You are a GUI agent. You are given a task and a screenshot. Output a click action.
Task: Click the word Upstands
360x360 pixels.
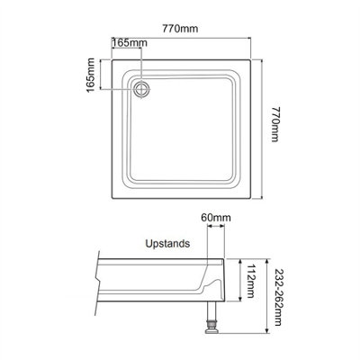[166, 243]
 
